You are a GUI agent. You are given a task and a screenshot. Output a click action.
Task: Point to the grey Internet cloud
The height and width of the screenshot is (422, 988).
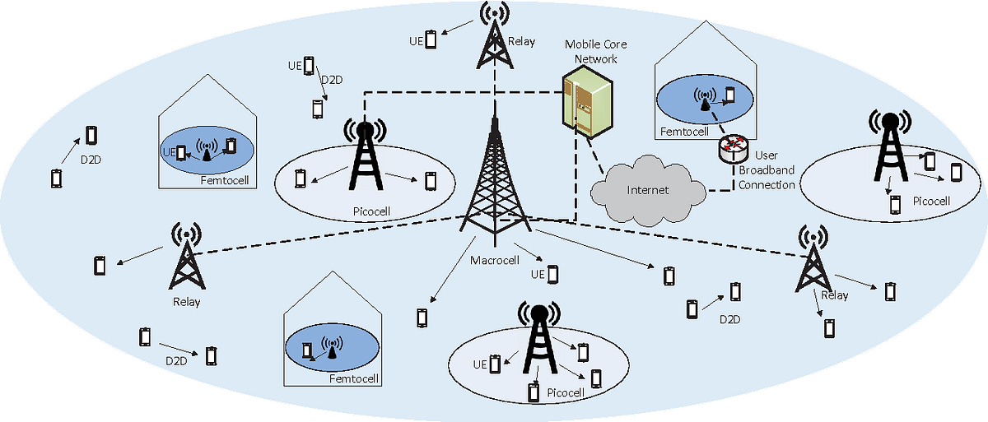click(649, 190)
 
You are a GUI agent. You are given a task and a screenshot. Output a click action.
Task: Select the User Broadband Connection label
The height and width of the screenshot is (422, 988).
click(767, 169)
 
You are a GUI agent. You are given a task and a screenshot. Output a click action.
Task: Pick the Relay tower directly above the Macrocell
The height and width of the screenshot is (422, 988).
click(494, 36)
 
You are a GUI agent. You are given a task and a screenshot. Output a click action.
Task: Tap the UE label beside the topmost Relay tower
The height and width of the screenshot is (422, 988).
click(417, 39)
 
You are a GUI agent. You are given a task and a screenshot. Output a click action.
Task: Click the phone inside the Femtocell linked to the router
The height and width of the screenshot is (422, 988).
click(729, 95)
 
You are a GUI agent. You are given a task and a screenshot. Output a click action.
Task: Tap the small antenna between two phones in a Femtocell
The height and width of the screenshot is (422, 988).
click(207, 149)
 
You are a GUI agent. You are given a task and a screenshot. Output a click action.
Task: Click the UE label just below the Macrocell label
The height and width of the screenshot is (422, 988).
click(538, 274)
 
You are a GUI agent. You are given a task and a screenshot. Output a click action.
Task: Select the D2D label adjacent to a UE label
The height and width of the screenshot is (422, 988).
click(331, 80)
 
